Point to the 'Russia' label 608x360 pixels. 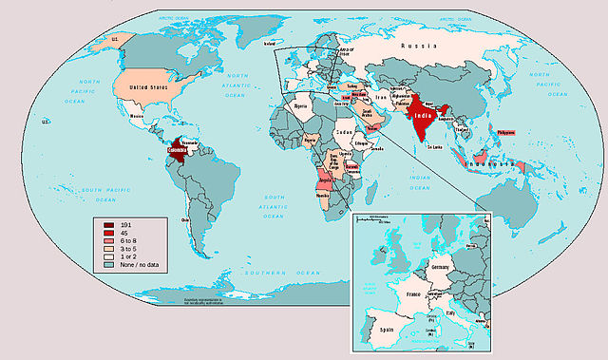point(417,46)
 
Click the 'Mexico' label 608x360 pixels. point(137,117)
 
